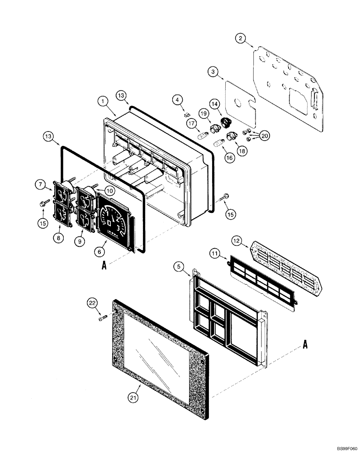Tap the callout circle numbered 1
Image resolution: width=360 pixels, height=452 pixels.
tap(104, 102)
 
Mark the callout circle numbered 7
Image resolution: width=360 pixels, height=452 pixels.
tap(41, 184)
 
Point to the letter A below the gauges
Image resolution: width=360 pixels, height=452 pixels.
tap(104, 266)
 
